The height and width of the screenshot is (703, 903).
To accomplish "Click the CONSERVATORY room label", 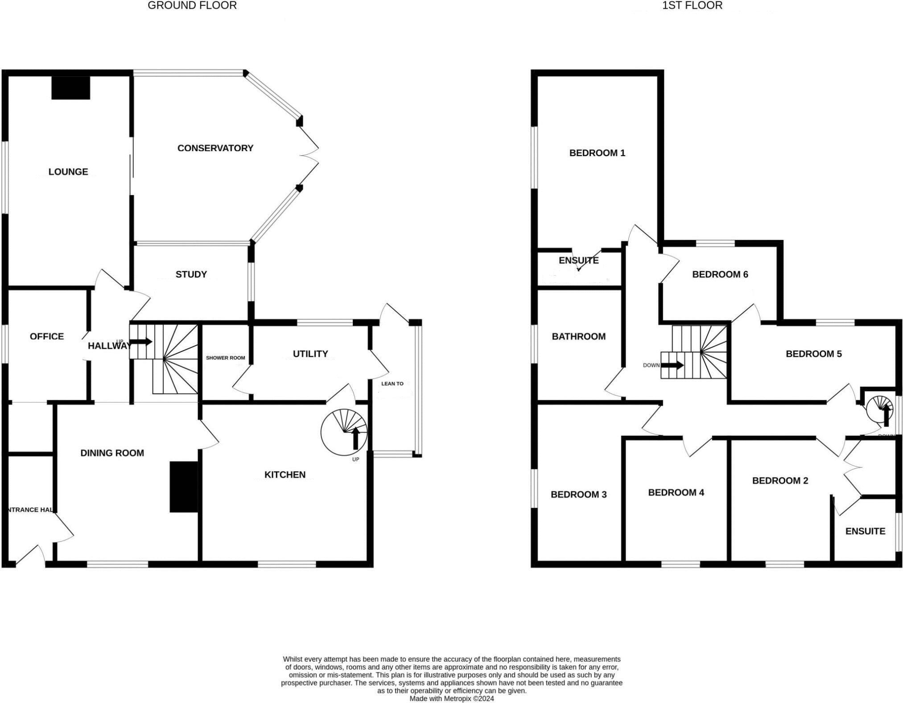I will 215,148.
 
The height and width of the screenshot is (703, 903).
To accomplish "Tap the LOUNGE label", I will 68,172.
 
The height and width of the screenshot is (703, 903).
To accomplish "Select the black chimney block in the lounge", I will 71,87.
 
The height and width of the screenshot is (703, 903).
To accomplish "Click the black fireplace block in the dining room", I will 184,487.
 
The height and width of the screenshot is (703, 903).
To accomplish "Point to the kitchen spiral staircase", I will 344,432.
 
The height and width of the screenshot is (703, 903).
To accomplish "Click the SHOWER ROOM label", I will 225,358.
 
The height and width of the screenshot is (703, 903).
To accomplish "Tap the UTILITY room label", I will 310,354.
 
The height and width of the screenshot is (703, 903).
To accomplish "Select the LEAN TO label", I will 392,384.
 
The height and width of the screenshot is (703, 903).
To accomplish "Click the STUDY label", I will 191,274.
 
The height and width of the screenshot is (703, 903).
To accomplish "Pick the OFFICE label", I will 47,336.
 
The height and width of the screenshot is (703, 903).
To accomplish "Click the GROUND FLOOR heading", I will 192,6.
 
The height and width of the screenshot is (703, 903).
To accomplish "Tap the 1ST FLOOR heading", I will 692,6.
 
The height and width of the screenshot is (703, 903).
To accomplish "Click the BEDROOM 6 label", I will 720,274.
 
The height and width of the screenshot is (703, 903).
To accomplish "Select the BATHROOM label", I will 578,336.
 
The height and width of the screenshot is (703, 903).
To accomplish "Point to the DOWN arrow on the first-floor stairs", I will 672,365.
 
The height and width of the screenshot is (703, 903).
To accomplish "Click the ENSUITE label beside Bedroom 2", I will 865,531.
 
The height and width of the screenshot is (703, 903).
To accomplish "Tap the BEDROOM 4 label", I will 676,492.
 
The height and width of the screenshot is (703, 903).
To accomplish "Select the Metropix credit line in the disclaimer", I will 452,699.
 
